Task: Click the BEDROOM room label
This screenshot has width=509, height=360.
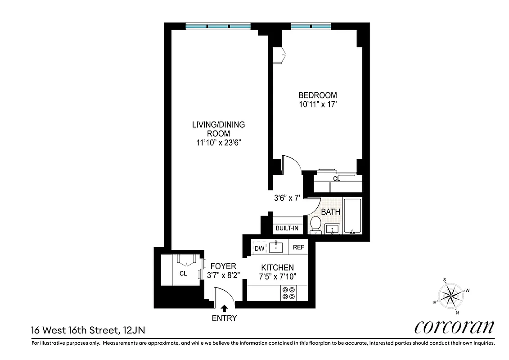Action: pyautogui.click(x=318, y=95)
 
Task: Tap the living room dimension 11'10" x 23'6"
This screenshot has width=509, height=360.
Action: pyautogui.click(x=219, y=143)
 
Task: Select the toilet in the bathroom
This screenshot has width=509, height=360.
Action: pyautogui.click(x=315, y=225)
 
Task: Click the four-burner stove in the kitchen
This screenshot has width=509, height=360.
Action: pyautogui.click(x=288, y=293)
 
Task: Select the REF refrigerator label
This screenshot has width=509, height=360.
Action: pyautogui.click(x=298, y=247)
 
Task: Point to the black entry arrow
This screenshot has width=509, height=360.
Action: pyautogui.click(x=225, y=308)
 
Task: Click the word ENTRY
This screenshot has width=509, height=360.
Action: pyautogui.click(x=225, y=319)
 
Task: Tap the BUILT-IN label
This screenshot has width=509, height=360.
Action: pyautogui.click(x=287, y=228)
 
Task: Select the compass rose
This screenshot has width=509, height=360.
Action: pyautogui.click(x=451, y=296)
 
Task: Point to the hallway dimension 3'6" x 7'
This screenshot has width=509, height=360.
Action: pyautogui.click(x=287, y=198)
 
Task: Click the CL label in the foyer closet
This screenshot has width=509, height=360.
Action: pyautogui.click(x=183, y=273)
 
